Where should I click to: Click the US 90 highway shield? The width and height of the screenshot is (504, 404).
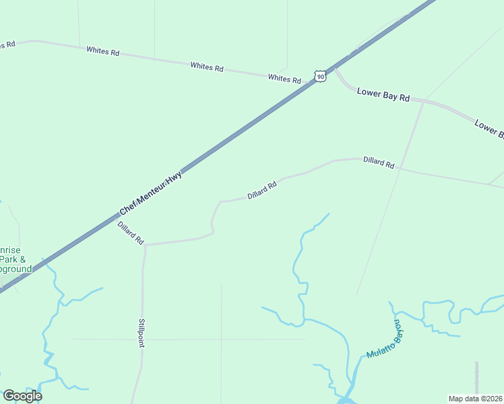pyautogui.click(x=321, y=77)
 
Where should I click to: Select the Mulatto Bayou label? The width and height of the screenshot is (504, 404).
pyautogui.click(x=386, y=340)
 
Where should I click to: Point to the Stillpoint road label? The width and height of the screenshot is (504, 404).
pyautogui.click(x=141, y=333)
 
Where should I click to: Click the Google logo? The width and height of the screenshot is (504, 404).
pyautogui.click(x=22, y=395)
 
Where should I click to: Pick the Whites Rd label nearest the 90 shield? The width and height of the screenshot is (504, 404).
pyautogui.click(x=284, y=79)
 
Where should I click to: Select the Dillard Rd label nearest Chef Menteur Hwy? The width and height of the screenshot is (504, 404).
pyautogui.click(x=131, y=232)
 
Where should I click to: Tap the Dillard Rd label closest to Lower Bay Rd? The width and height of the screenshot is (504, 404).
pyautogui.click(x=379, y=162)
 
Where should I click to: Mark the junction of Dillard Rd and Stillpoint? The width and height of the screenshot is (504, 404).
pyautogui.click(x=145, y=245)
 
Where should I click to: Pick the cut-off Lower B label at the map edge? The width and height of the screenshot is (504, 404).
pyautogui.click(x=489, y=129)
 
